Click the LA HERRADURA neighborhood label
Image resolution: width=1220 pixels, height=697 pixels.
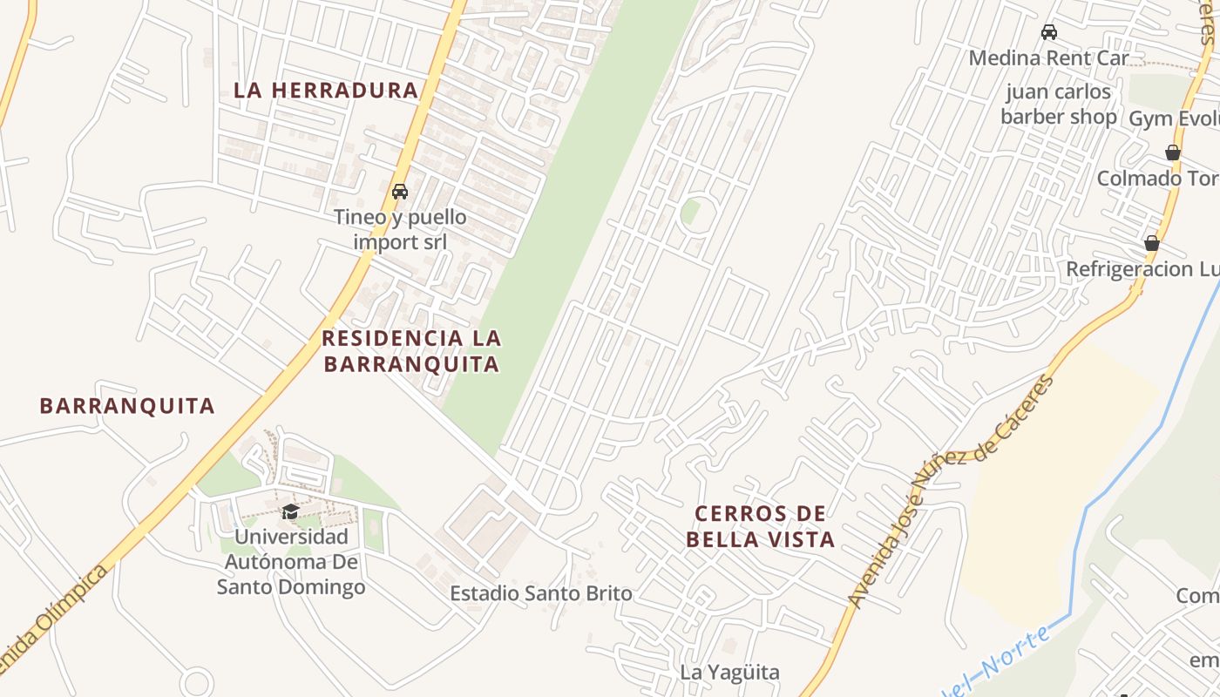tap(327, 90)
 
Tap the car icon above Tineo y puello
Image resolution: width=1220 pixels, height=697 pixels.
tap(400, 192)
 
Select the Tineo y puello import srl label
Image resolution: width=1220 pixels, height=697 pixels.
tap(400, 229)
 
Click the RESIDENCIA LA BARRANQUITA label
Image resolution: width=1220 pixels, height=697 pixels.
tap(412, 350)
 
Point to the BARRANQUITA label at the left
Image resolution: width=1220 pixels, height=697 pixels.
tap(127, 405)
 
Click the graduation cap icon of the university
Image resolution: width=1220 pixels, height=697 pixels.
tap(290, 511)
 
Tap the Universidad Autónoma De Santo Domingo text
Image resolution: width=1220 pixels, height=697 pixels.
tap(291, 562)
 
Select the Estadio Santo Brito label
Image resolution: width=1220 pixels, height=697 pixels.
tap(540, 594)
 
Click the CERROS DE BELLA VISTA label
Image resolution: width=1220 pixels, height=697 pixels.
tap(760, 526)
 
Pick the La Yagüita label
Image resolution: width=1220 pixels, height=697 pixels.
tap(729, 672)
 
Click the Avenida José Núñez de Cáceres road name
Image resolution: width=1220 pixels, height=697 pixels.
tap(950, 492)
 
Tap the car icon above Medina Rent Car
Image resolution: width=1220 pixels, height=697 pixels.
tap(1049, 32)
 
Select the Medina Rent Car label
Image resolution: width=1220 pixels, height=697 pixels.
tap(1048, 58)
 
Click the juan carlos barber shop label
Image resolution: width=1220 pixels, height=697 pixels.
tap(1058, 104)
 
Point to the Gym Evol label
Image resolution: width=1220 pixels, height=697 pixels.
tap(1174, 118)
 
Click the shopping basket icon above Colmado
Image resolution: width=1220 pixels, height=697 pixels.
tap(1173, 152)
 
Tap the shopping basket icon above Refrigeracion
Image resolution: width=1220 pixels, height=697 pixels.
tap(1151, 243)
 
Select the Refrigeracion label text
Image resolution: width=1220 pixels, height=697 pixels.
tap(1142, 269)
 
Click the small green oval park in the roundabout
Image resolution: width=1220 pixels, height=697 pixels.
tap(691, 211)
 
